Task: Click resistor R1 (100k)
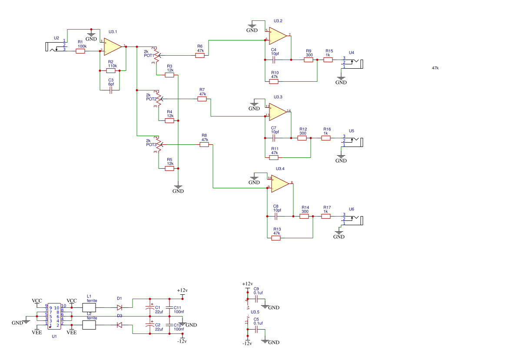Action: pyautogui.click(x=80, y=51)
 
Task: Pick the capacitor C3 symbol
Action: pyautogui.click(x=111, y=90)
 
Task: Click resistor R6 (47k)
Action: pyautogui.click(x=200, y=55)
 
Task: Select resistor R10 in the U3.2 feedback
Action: pyautogui.click(x=274, y=81)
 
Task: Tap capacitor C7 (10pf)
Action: pyautogui.click(x=274, y=138)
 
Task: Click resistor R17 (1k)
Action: pyautogui.click(x=326, y=216)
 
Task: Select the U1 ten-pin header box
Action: pyautogui.click(x=54, y=316)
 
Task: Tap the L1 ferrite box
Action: pyautogui.click(x=89, y=307)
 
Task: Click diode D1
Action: pyautogui.click(x=120, y=307)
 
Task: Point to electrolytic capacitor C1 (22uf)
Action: pyautogui.click(x=150, y=308)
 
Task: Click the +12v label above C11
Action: pyautogui.click(x=182, y=290)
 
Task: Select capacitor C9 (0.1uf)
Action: pyautogui.click(x=256, y=299)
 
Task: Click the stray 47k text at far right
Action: pyautogui.click(x=435, y=68)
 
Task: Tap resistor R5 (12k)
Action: pyautogui.click(x=169, y=168)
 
